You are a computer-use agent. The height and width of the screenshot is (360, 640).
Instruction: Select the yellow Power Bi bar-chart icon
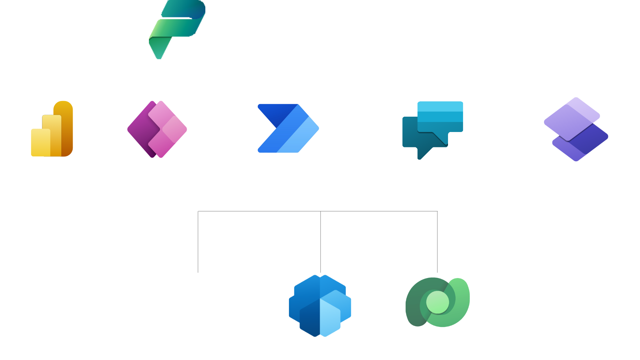pyautogui.click(x=52, y=129)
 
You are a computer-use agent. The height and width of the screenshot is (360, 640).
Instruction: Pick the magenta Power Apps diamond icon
pyautogui.click(x=157, y=129)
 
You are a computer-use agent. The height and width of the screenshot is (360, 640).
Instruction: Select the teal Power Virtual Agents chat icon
pyautogui.click(x=433, y=129)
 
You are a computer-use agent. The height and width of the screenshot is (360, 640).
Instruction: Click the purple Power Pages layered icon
pyautogui.click(x=576, y=129)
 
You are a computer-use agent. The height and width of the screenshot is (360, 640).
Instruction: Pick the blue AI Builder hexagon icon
pyautogui.click(x=320, y=305)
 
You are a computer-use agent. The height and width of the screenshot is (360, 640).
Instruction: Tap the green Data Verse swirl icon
pyautogui.click(x=437, y=302)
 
